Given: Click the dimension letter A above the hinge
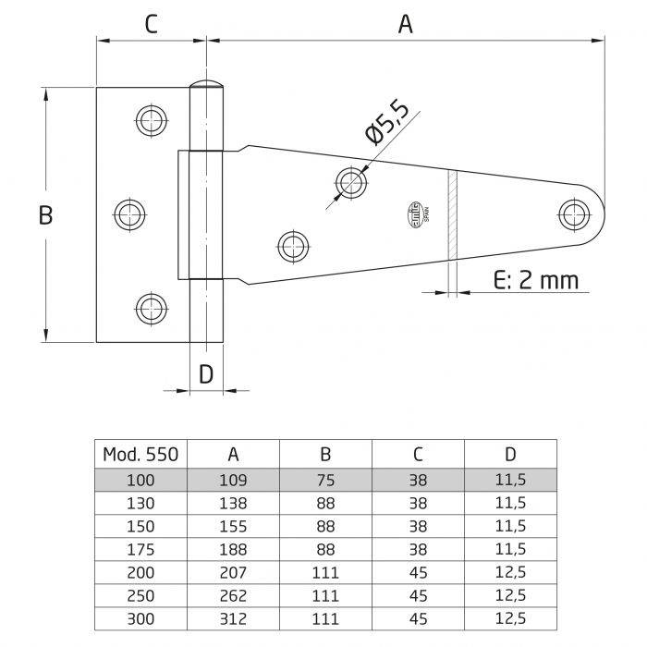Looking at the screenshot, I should coord(405,25).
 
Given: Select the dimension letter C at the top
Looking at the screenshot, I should coord(151,25).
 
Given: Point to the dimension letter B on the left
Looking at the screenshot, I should coord(45,215).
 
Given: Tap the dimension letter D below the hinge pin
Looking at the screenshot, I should coord(206,373).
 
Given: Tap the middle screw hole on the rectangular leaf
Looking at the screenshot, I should coord(129,214).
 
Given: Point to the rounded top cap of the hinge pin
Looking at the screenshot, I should coord(207,87).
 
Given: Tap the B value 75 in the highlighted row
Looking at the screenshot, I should coord(325,480).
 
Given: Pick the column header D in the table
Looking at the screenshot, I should coord(510,454).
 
